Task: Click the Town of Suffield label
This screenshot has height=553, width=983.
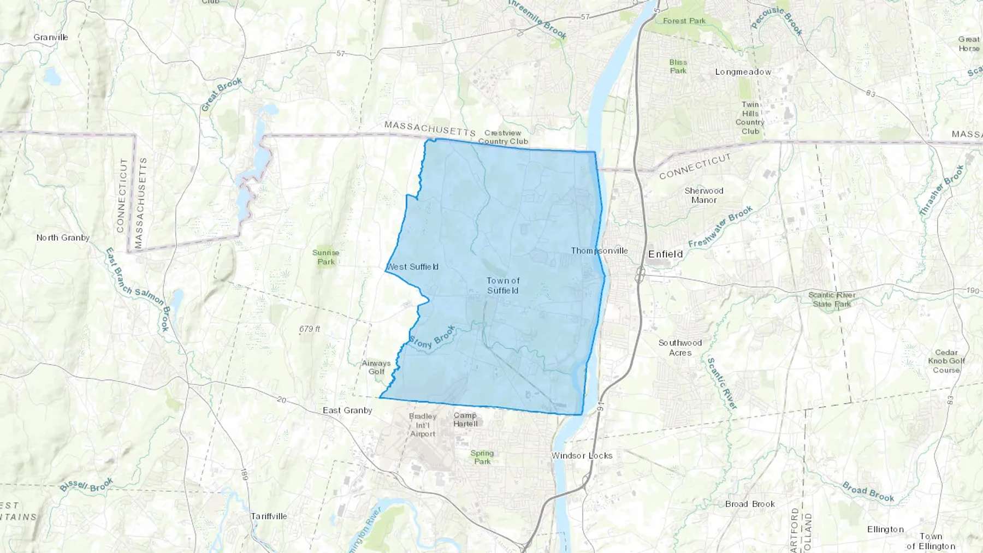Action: pos(503,285)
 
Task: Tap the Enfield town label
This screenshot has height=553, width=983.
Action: pos(665,254)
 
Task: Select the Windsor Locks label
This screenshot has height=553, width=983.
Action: pos(582,455)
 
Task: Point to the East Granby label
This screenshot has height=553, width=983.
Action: pos(347,410)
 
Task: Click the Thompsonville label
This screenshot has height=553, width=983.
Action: pos(599,251)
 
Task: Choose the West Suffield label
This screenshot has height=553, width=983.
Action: pos(412,266)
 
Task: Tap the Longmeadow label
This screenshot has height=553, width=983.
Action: pos(743,72)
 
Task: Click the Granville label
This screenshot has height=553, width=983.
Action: pos(51,37)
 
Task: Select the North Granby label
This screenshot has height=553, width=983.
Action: pos(63,237)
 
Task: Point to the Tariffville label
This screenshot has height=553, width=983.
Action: pos(269,516)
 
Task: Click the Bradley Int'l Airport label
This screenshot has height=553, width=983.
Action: pos(423,425)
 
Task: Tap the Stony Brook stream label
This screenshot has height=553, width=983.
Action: pos(431,338)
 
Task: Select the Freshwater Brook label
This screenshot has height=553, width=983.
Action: pos(720,226)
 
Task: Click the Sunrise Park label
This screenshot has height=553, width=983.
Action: pos(326,257)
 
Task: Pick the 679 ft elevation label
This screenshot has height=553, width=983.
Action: pos(310,329)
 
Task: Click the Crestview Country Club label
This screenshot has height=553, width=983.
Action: pos(503,137)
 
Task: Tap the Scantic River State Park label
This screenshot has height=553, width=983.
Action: pos(832,299)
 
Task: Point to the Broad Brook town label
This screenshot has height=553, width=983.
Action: pos(750,504)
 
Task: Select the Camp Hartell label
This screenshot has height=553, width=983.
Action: pos(465,419)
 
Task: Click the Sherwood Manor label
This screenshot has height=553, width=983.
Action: pos(704,195)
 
